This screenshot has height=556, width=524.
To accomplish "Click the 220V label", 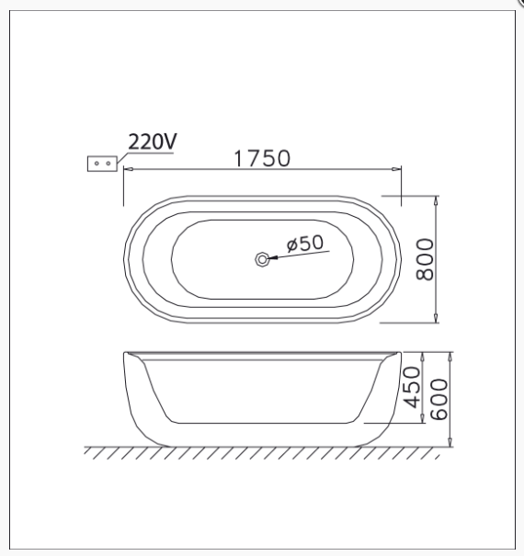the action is click(x=153, y=142).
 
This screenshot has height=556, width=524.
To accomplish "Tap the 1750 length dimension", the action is click(x=262, y=158).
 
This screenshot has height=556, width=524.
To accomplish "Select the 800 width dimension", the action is click(x=425, y=259).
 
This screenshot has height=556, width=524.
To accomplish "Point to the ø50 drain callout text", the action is click(x=305, y=244).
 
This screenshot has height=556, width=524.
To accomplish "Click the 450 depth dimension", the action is click(x=412, y=387).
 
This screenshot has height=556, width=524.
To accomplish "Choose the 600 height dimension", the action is click(x=439, y=399).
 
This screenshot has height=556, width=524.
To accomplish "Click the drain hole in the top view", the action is click(x=262, y=259).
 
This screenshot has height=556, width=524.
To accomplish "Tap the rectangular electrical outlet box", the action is click(x=102, y=164).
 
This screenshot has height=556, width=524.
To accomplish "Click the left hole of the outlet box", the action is click(x=97, y=164).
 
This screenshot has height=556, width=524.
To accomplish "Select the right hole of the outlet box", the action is click(x=108, y=164).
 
